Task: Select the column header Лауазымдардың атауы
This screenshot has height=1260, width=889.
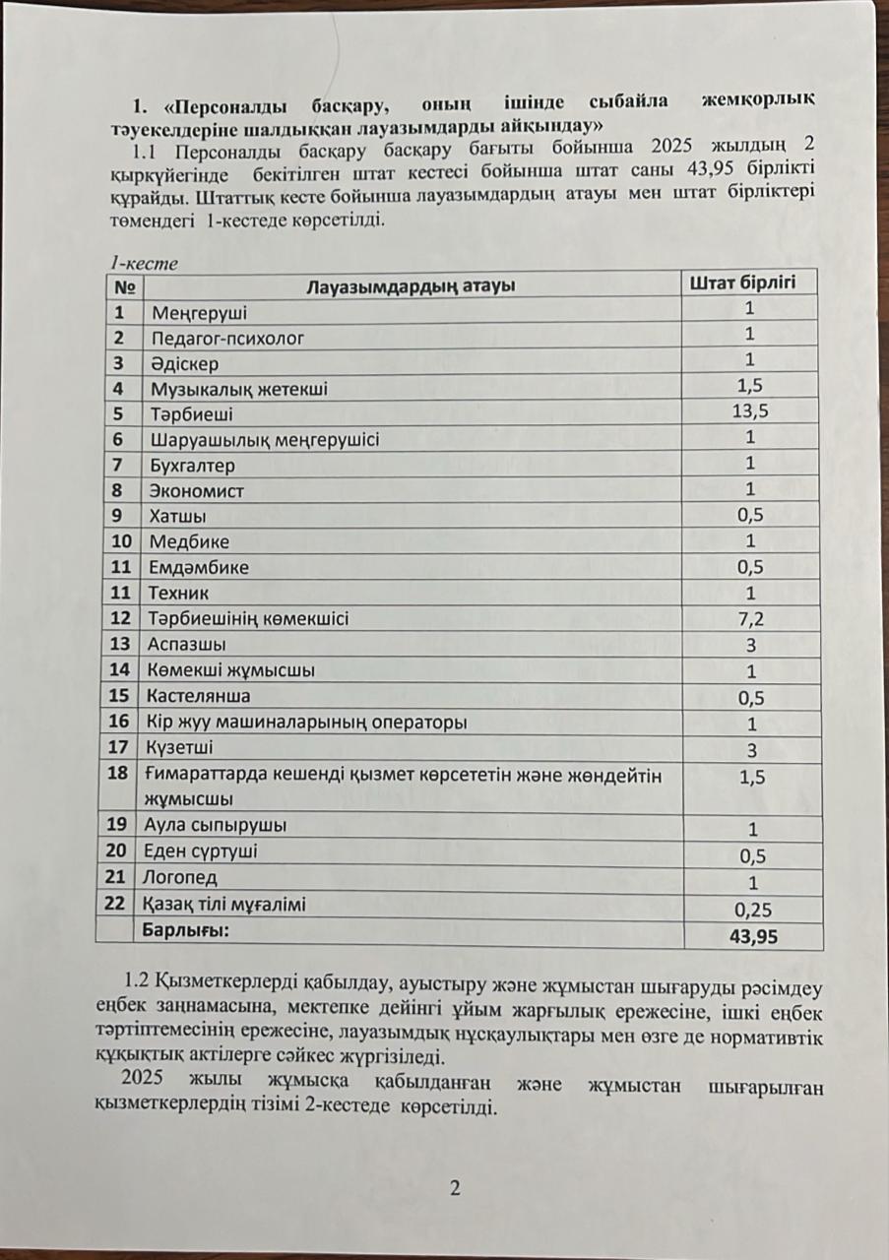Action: (413, 287)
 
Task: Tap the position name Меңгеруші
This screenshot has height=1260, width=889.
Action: (199, 313)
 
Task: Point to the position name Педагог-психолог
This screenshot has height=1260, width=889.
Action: (226, 339)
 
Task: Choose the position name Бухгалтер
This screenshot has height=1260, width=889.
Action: (192, 466)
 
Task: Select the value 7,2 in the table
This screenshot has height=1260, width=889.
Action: (751, 618)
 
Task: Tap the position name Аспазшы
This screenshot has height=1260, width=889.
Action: (187, 645)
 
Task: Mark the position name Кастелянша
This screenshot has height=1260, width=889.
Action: (199, 696)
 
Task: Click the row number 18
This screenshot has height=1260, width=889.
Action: (119, 774)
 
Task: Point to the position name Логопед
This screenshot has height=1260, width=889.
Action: (183, 878)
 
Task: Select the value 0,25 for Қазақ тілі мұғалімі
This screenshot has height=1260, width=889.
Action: (753, 911)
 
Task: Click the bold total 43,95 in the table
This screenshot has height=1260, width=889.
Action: (753, 937)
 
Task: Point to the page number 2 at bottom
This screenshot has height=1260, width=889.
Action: (454, 1188)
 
